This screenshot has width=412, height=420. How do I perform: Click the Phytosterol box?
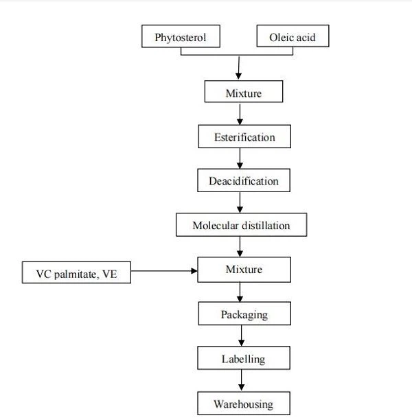[x=181, y=36]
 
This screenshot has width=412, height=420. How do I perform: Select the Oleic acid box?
[x=293, y=36]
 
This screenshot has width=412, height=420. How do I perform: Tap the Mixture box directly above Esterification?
[x=243, y=93]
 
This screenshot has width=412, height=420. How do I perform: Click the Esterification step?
[x=244, y=137]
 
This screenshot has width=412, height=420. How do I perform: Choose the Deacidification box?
[x=244, y=181]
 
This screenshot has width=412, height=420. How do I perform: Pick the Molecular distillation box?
[x=241, y=225]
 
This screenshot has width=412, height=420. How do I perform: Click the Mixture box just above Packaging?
[x=244, y=270]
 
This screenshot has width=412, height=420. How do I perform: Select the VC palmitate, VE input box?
[x=76, y=274]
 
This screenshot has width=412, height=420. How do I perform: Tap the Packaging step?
[x=244, y=314]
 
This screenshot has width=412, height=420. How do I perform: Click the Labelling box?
[x=243, y=358]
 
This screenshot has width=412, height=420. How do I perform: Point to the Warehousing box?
[x=243, y=403]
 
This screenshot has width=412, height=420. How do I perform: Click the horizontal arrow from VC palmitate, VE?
[x=164, y=272]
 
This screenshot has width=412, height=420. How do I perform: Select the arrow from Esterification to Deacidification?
[x=240, y=159]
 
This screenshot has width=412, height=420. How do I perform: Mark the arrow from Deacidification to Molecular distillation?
[x=240, y=202]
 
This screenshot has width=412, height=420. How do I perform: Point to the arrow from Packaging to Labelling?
[x=241, y=336]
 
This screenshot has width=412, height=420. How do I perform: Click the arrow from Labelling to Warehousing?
[x=241, y=380]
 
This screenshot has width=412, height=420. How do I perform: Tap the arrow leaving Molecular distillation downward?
[x=240, y=246]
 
